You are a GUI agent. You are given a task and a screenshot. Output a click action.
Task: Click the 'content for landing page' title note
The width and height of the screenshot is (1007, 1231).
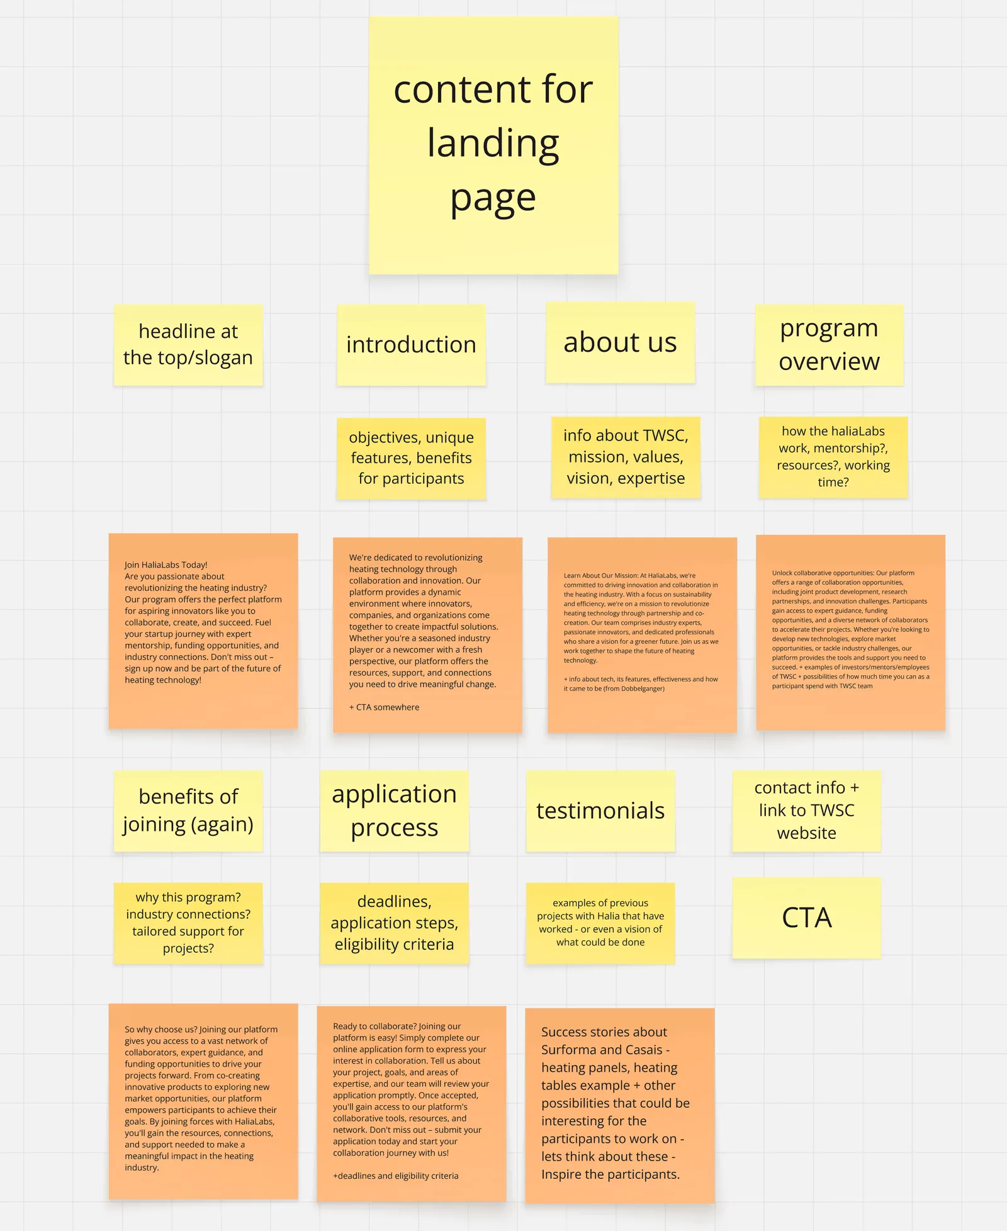point(493,145)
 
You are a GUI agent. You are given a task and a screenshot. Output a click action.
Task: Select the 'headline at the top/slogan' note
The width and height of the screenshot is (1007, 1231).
point(188,345)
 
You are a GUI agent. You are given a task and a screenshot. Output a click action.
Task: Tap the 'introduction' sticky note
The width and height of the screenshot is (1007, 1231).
point(411,345)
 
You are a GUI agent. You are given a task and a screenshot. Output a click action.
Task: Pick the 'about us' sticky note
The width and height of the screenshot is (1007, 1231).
point(620,342)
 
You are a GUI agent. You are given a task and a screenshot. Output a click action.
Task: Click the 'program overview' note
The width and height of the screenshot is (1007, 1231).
point(829,345)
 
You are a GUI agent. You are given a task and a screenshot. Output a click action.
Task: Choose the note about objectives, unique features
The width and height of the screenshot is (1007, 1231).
point(411,458)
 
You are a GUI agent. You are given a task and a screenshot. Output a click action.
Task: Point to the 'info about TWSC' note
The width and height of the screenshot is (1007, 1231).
point(626,457)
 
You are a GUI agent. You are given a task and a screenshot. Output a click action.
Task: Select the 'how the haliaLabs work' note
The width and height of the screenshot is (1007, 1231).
point(833,457)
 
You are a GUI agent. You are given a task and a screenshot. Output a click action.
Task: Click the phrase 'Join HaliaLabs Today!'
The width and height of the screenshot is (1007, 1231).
point(166,565)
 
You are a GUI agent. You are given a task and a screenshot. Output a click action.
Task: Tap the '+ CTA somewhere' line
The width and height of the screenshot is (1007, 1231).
point(384,707)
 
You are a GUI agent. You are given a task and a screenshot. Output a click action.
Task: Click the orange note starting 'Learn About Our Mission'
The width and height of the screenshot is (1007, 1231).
point(642,634)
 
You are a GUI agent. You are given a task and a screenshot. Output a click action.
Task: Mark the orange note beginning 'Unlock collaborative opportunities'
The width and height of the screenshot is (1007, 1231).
point(850,632)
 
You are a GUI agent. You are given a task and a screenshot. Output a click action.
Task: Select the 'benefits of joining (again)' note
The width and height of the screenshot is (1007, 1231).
point(188,811)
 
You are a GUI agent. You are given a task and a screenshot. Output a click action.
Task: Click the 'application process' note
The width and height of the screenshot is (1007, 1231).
point(394,811)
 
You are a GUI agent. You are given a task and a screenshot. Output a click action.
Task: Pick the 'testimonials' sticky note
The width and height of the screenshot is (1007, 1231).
point(600,811)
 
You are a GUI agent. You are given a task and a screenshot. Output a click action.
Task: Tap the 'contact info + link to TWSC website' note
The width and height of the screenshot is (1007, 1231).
point(806,811)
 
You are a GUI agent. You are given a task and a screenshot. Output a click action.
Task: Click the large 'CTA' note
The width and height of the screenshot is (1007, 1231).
point(806,918)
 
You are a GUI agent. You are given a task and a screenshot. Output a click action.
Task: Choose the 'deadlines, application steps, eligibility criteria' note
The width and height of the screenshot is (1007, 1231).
point(394,923)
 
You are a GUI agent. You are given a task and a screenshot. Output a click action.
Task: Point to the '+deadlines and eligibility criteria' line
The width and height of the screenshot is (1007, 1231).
point(395,1176)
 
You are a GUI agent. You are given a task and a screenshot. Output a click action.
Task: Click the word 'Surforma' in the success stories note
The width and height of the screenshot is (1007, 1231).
point(569,1050)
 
